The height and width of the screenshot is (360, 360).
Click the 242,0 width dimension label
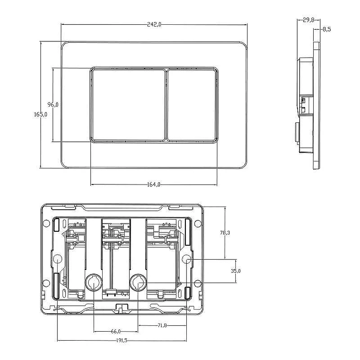154,24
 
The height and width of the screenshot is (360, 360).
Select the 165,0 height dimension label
40,114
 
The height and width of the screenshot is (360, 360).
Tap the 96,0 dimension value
53,104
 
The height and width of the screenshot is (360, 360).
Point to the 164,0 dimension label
153,184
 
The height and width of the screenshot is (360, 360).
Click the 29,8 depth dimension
308,20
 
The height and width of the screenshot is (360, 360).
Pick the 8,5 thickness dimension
327,29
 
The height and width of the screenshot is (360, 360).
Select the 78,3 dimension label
225,233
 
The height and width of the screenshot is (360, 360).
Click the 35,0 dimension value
236,271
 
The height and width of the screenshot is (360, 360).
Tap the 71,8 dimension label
162,325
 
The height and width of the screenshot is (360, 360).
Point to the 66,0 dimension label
116,332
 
